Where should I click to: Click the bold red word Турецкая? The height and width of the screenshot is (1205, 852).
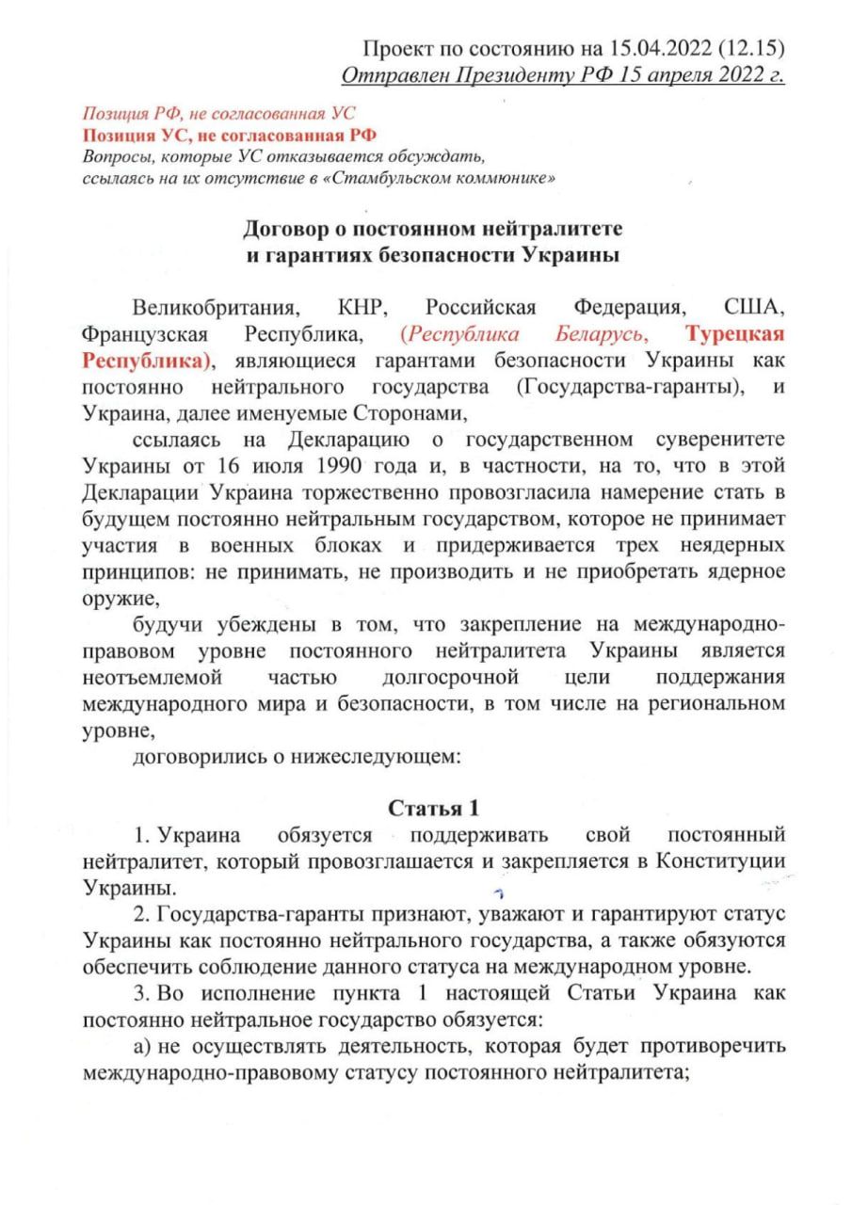coord(735,335)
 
